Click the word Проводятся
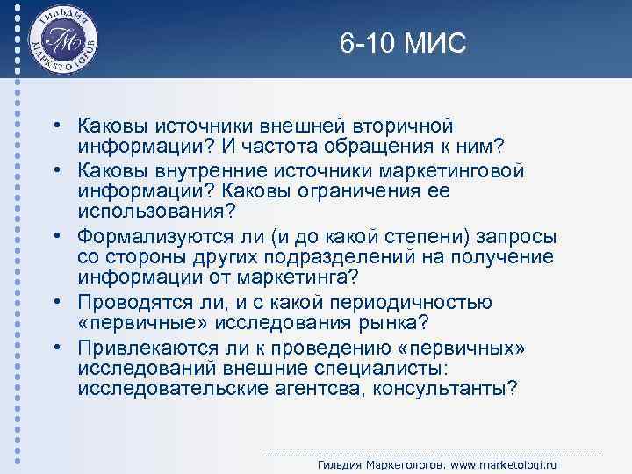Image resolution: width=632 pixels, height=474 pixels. [126, 302]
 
